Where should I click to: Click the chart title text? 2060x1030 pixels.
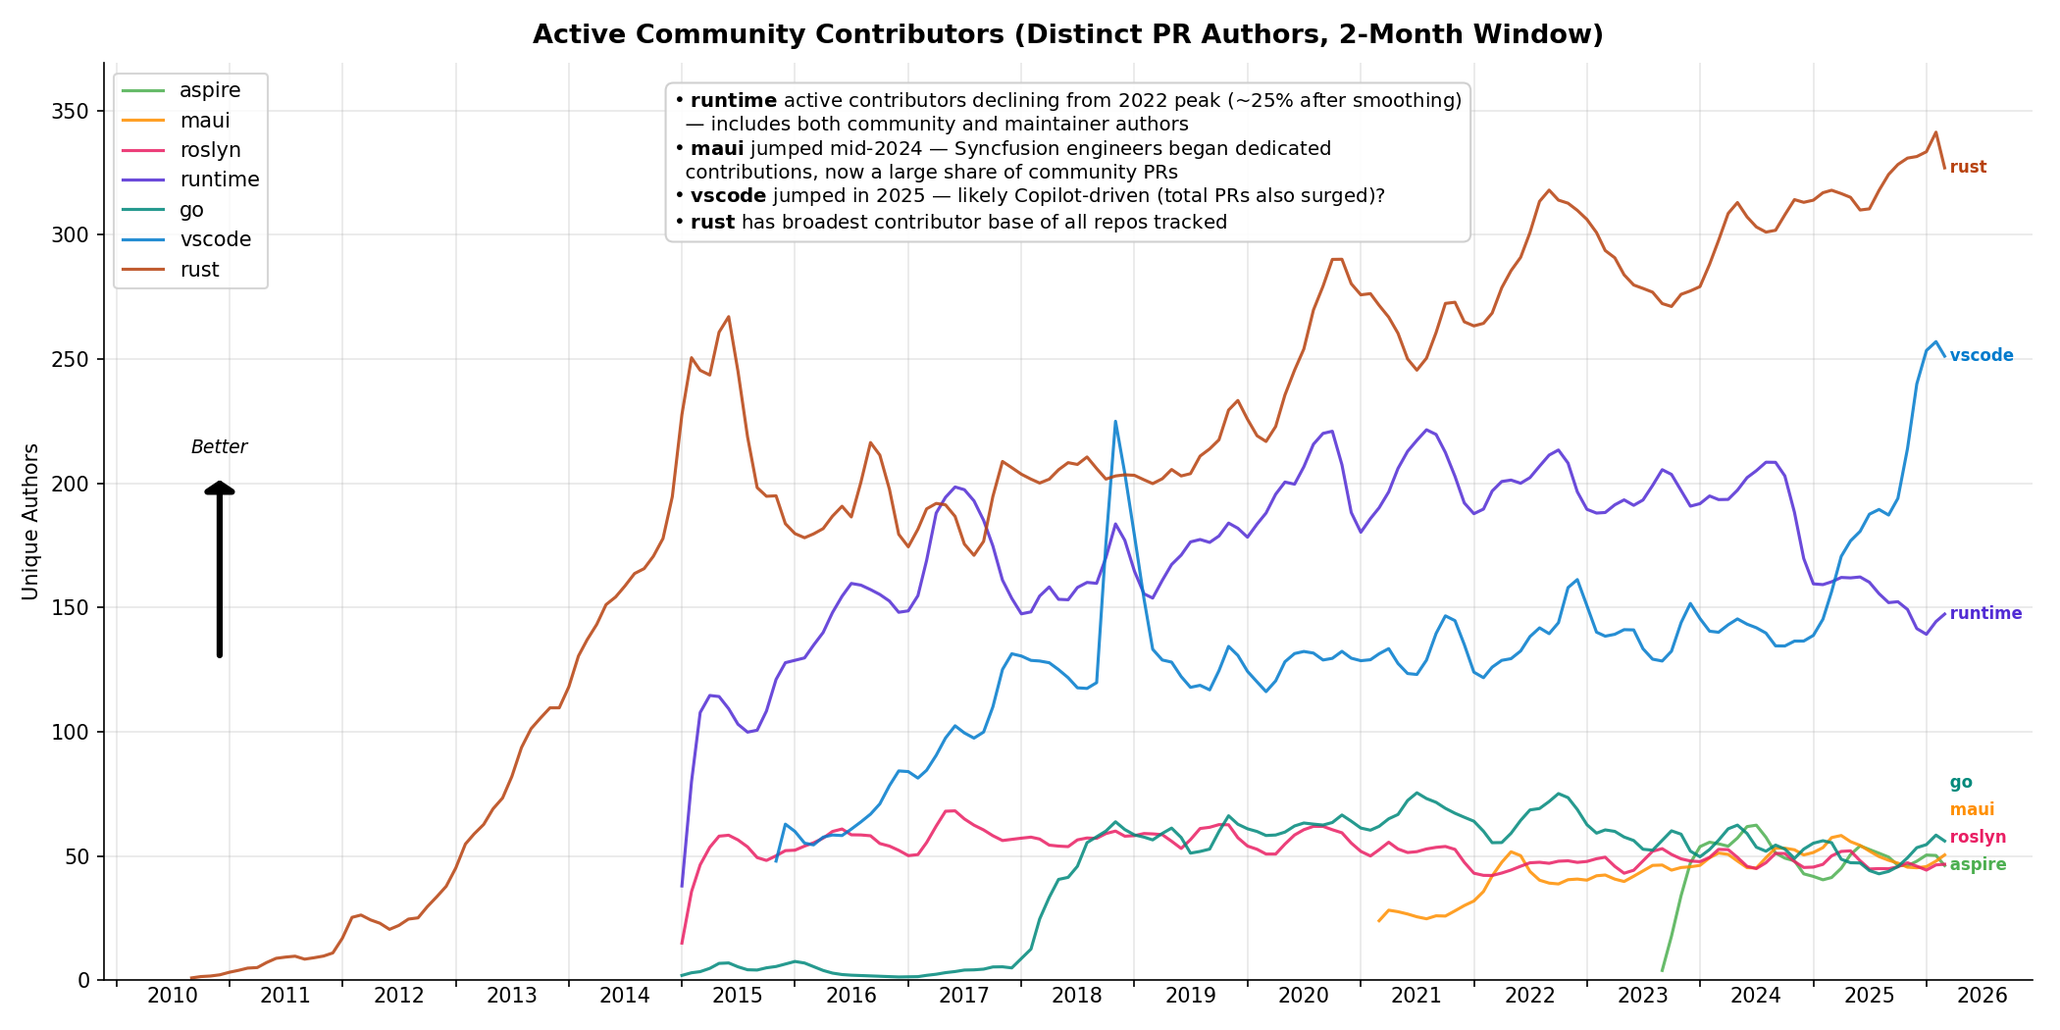tap(1067, 35)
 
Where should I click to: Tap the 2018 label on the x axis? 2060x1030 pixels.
tap(1077, 997)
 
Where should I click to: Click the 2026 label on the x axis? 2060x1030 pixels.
tap(1982, 997)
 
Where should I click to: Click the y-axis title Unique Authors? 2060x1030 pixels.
tap(30, 522)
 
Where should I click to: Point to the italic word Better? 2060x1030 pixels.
tap(219, 447)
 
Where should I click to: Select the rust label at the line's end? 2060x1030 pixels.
tap(1968, 168)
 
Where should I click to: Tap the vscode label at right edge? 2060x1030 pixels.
tap(1981, 356)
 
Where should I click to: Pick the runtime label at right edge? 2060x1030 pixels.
tap(1985, 614)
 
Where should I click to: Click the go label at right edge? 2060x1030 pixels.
tap(1960, 783)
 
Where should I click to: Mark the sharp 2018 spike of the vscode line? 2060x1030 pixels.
tap(1115, 422)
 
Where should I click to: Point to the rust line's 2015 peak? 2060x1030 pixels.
tap(728, 317)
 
